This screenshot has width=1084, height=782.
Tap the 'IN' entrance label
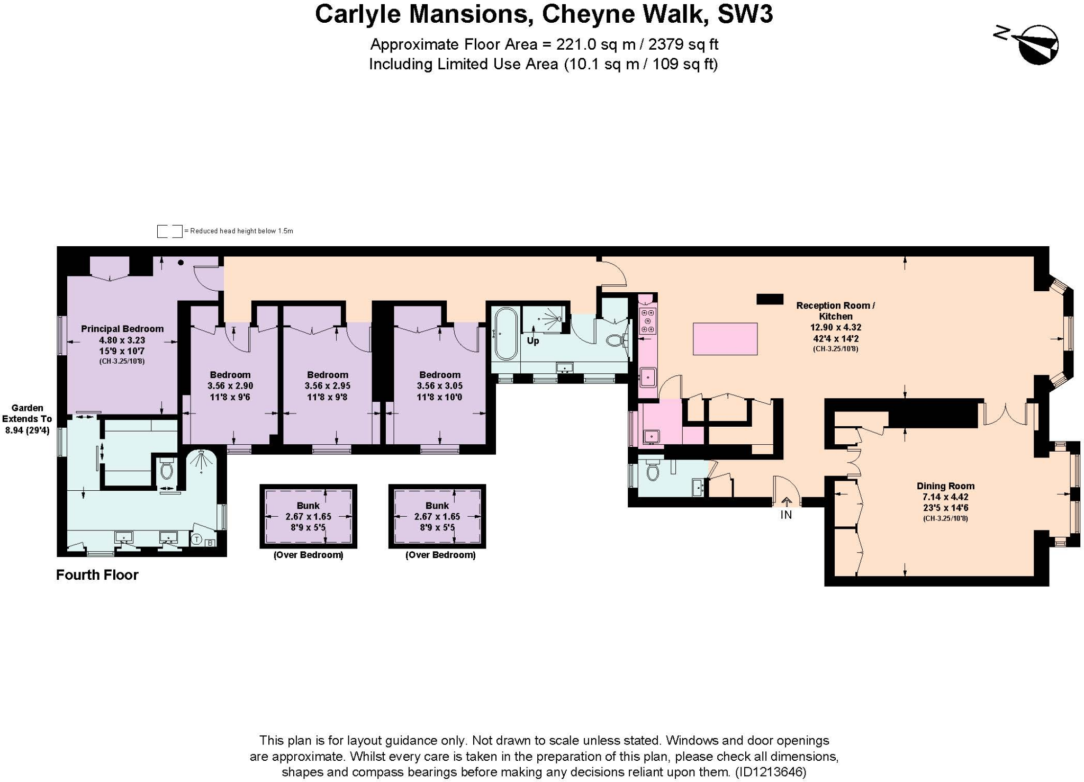[786, 515]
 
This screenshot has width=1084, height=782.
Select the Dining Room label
[945, 486]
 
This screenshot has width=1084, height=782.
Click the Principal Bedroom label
[122, 329]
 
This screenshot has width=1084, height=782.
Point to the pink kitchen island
[725, 339]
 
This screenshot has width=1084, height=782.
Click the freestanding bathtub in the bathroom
[506, 334]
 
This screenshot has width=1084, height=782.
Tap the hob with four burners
[647, 321]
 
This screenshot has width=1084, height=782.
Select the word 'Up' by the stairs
[532, 341]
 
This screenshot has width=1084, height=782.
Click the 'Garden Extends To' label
[27, 413]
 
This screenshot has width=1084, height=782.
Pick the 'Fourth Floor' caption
[97, 575]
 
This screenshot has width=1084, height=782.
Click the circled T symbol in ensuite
[196, 540]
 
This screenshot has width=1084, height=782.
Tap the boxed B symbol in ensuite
[210, 543]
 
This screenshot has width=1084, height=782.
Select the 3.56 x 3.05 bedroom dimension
[439, 386]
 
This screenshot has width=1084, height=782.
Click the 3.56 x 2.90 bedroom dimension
[230, 386]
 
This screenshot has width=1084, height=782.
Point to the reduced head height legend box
[169, 231]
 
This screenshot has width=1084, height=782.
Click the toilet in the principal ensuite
[167, 469]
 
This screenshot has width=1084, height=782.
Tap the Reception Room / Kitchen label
[835, 311]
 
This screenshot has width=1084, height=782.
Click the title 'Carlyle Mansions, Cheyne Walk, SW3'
[544, 14]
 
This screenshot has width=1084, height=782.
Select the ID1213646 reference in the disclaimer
[771, 772]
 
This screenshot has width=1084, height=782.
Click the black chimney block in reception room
[770, 299]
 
